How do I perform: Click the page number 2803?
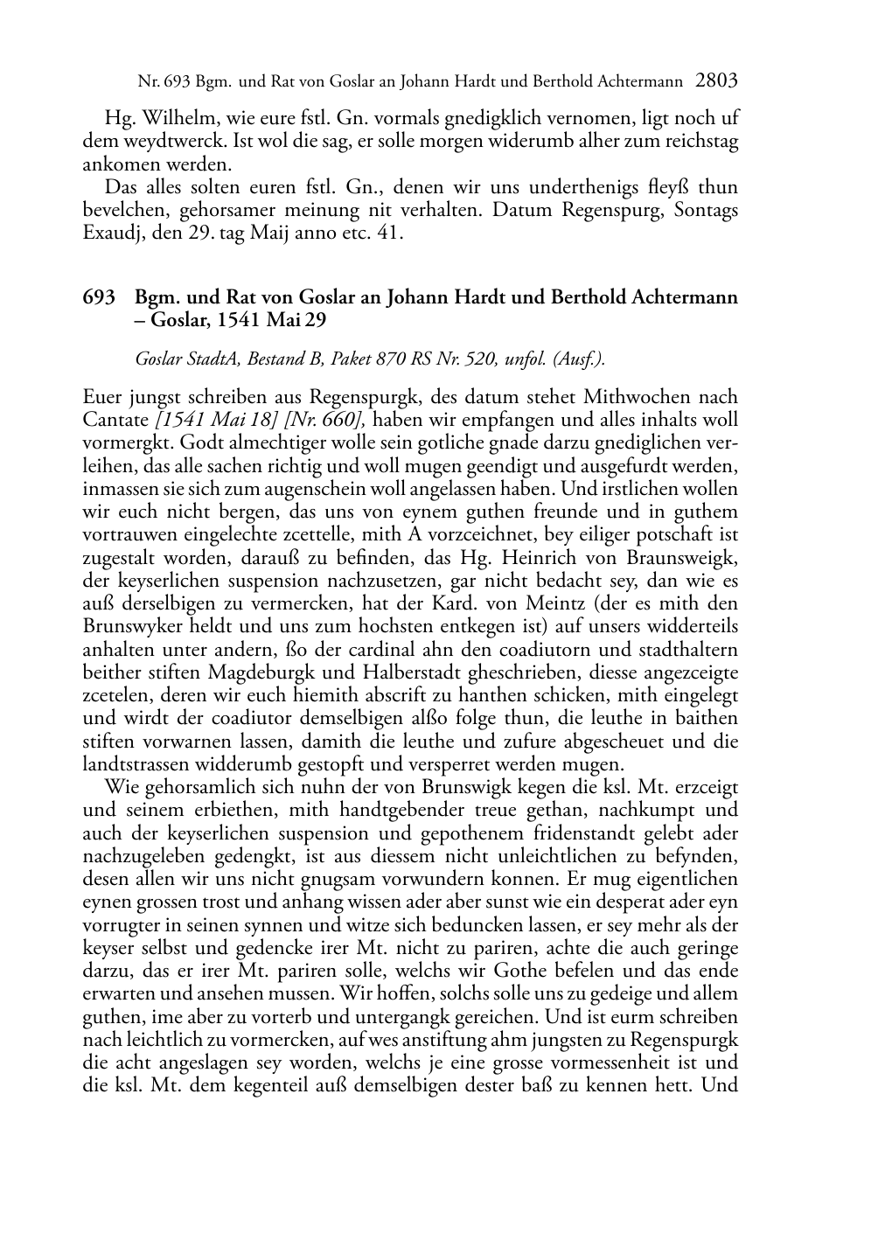[x=717, y=81]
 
